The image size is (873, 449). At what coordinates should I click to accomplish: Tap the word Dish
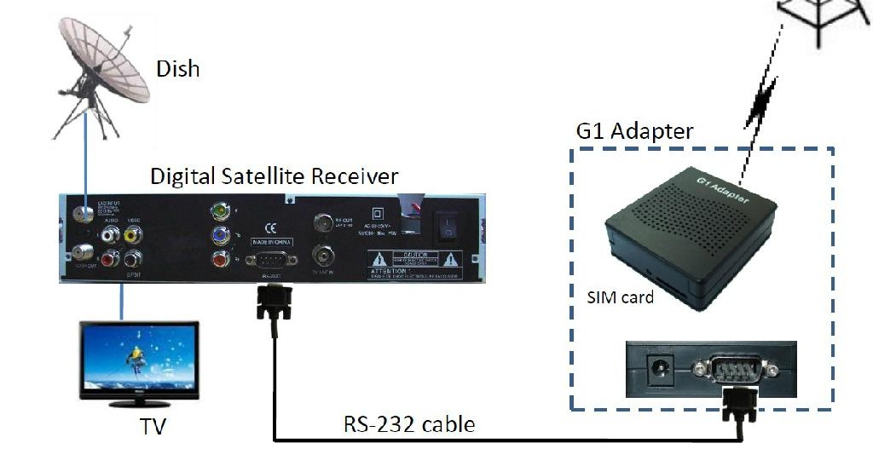coord(177,68)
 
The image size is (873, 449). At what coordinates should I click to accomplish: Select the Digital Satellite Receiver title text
coord(274,176)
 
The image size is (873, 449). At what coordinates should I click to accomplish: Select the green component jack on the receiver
coord(221,209)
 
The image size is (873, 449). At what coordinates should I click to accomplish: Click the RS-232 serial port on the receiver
coord(272,259)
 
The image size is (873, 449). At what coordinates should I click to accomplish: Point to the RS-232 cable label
coord(408,423)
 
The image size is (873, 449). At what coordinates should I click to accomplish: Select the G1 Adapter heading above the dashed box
coord(634,132)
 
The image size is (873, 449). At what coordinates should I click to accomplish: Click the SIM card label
coord(620,297)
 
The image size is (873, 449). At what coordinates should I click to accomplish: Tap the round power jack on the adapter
coord(657,369)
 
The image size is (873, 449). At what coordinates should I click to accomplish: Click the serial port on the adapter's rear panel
coord(735,370)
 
